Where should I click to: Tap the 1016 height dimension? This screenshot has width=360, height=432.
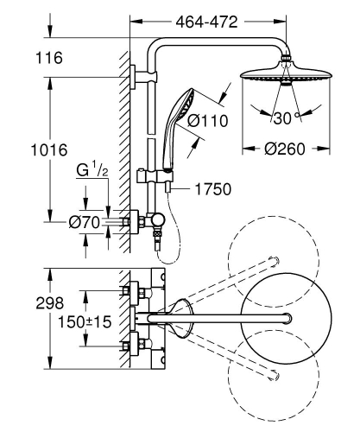49,149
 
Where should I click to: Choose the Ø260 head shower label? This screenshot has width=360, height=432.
286,149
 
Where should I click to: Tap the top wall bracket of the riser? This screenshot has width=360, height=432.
136,75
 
